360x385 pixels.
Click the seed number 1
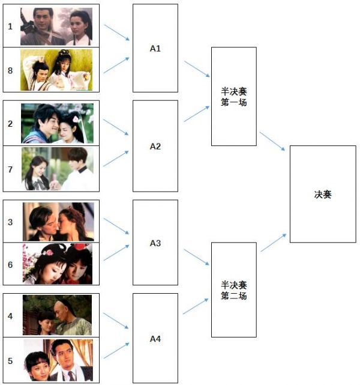[10, 26]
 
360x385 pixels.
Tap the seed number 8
[10, 71]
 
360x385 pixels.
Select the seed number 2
[10, 124]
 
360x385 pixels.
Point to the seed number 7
[10, 169]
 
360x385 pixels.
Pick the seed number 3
[10, 222]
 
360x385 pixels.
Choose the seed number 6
[10, 265]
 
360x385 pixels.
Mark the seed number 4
[10, 316]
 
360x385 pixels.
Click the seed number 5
[10, 361]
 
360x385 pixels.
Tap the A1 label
[155, 49]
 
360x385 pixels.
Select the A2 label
[155, 147]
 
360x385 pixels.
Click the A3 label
[155, 243]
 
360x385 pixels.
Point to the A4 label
[155, 339]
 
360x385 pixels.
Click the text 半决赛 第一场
[234, 97]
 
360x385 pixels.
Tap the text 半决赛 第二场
[234, 290]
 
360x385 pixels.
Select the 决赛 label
[323, 195]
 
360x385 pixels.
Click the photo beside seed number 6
[58, 264]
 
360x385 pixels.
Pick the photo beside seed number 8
[56, 70]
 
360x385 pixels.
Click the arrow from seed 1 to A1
[116, 32]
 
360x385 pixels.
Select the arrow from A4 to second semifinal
[196, 306]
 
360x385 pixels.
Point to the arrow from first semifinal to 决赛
[272, 141]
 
